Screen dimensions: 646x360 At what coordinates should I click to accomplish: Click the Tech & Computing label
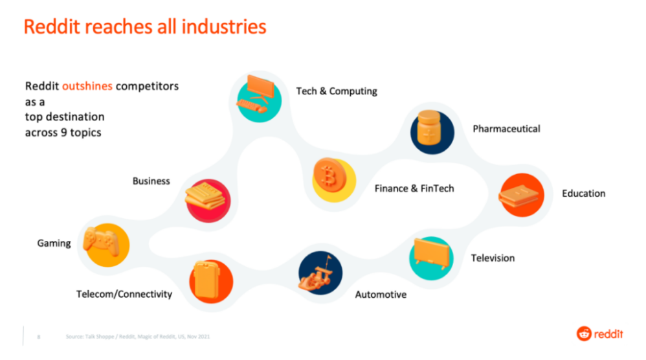click(337, 91)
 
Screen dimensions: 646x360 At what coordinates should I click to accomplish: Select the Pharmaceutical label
click(506, 129)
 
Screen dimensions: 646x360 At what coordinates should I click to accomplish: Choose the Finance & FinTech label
click(414, 188)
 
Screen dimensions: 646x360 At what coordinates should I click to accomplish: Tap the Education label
click(584, 194)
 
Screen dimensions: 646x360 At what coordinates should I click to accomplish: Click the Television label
click(493, 258)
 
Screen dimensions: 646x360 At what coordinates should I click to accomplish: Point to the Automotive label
click(381, 295)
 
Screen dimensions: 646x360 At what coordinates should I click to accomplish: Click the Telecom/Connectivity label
click(124, 294)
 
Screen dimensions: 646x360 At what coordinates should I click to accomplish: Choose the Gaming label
click(54, 243)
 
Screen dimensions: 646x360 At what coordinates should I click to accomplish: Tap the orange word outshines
click(87, 86)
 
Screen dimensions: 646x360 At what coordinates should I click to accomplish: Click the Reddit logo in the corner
click(600, 333)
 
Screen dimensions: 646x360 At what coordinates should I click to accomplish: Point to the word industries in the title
click(224, 27)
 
